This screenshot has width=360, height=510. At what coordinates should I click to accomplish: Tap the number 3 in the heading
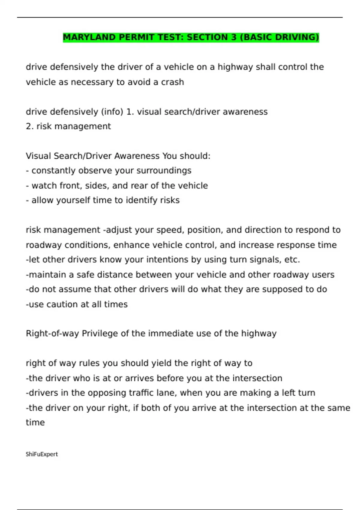(x=234, y=37)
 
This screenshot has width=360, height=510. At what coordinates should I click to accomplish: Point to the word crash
(x=172, y=82)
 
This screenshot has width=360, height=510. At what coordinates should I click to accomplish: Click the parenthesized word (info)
(x=112, y=112)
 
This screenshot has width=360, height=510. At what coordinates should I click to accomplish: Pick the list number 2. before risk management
(x=30, y=126)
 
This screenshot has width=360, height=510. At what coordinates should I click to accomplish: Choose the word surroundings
(x=164, y=171)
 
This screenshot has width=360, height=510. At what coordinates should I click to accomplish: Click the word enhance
(x=131, y=245)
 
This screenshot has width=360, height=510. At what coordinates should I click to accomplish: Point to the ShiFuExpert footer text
(x=42, y=454)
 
